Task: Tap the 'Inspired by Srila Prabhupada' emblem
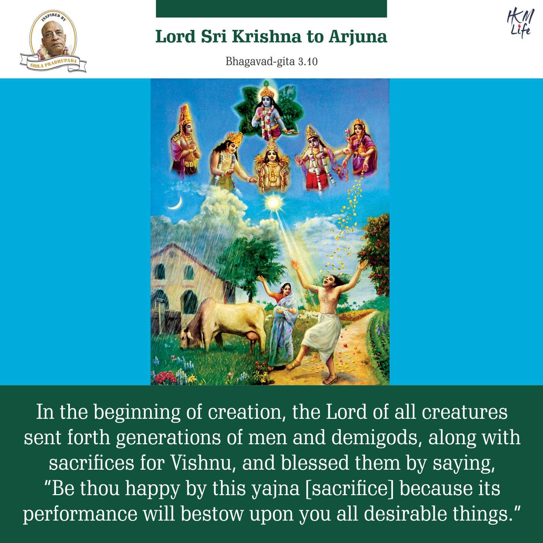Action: click(53, 42)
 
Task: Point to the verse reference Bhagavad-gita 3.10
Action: click(271, 62)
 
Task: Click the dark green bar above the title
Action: click(271, 8)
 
